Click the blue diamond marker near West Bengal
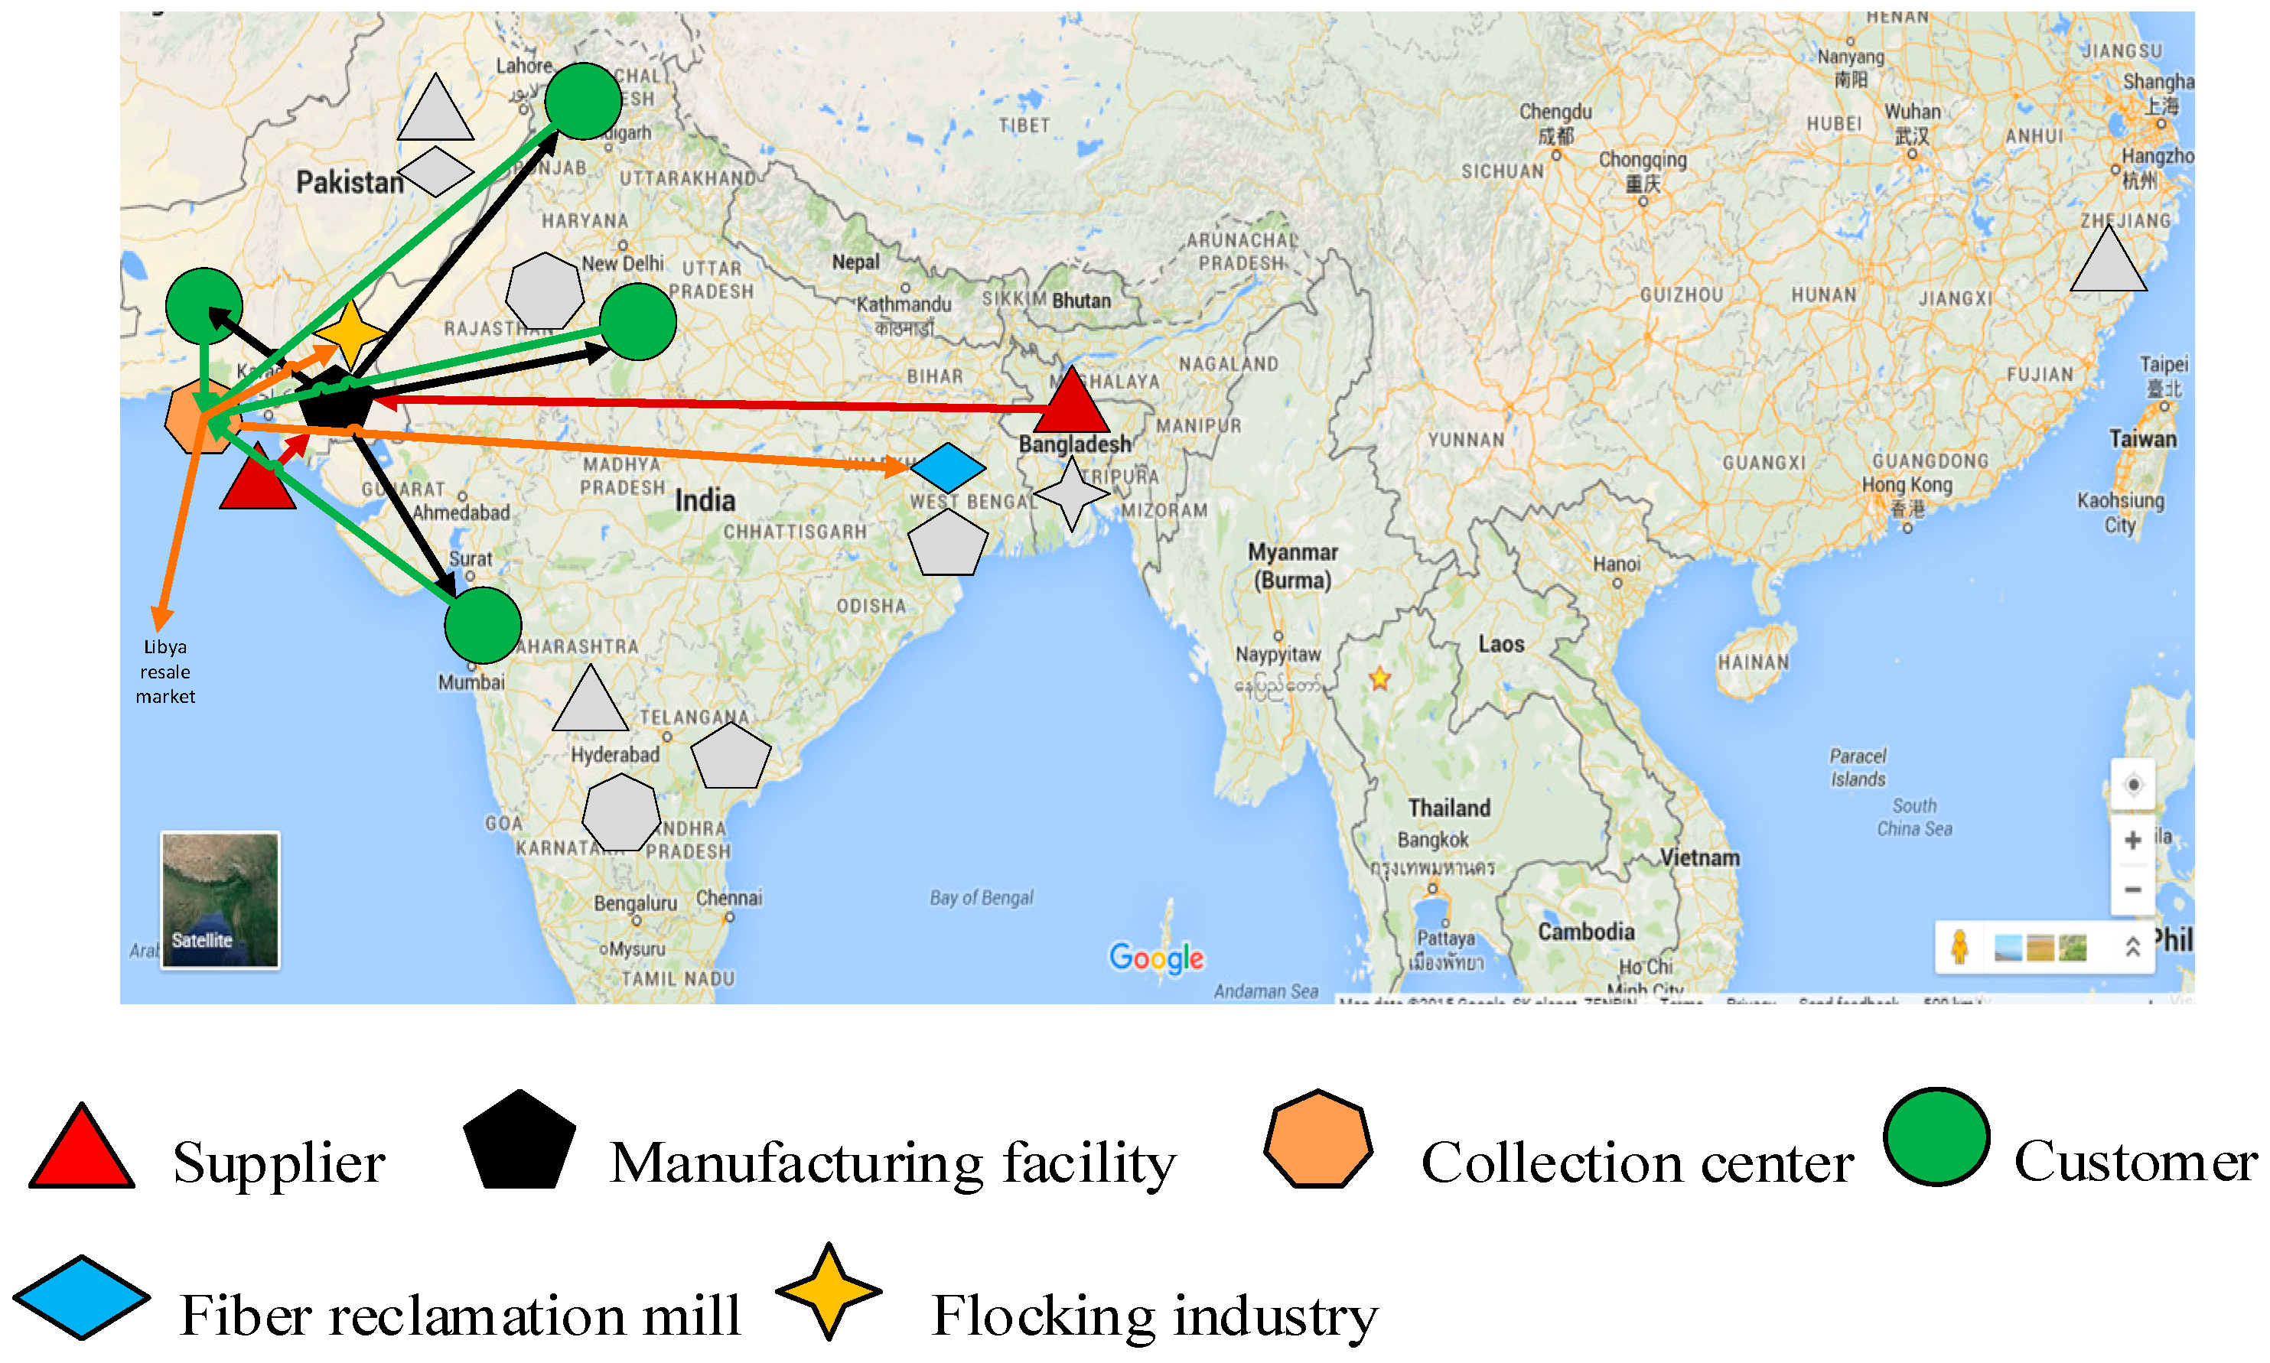click(x=947, y=467)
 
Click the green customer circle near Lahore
click(x=582, y=101)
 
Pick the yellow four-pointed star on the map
click(x=349, y=334)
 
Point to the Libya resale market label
click(x=165, y=672)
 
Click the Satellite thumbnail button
click(x=220, y=899)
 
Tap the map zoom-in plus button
click(x=2132, y=840)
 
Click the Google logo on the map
click(x=1156, y=957)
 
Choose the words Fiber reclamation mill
click(x=459, y=1316)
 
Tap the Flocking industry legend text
click(x=1154, y=1316)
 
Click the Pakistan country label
click(x=349, y=183)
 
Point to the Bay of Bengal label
click(x=981, y=897)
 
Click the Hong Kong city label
click(x=1907, y=484)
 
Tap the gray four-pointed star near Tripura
click(x=1071, y=494)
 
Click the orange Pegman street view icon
click(x=1959, y=946)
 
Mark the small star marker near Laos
click(x=1379, y=678)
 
